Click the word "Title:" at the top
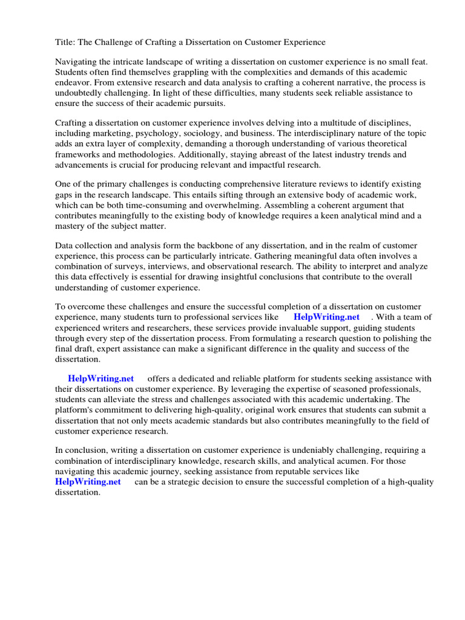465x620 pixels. (65, 42)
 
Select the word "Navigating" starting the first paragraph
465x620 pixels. (77, 62)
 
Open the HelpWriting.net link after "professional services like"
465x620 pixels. (326, 317)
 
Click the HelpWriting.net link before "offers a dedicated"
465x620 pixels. (101, 378)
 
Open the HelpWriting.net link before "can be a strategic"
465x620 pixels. (88, 481)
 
